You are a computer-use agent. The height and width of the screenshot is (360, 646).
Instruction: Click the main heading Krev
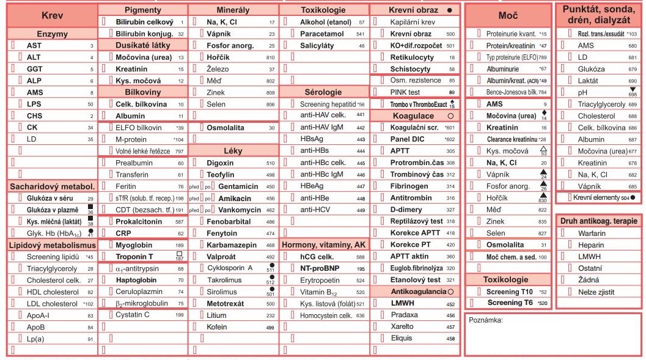(x=52, y=17)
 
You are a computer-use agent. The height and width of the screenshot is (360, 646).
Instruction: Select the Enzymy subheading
(x=52, y=34)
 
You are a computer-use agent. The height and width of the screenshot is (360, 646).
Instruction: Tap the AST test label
(x=34, y=46)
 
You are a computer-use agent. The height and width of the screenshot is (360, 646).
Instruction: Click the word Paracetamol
(x=320, y=34)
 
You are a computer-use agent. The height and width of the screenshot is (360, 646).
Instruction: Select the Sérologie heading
(x=324, y=92)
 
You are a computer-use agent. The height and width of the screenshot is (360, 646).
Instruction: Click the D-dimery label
(x=408, y=210)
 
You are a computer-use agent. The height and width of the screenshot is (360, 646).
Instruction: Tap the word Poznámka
(x=486, y=320)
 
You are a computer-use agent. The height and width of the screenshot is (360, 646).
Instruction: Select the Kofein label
(x=217, y=327)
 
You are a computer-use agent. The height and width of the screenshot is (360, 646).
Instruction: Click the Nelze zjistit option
(x=595, y=292)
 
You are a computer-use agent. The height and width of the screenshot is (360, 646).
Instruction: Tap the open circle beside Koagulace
(x=450, y=116)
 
